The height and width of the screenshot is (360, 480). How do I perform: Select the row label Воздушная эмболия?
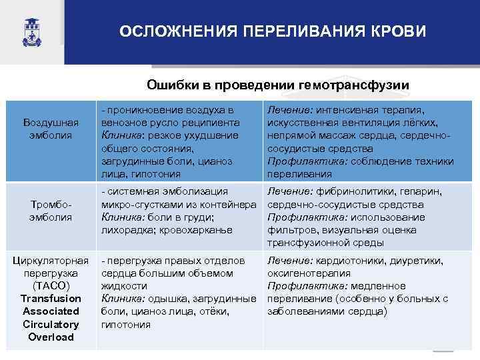pos(51,129)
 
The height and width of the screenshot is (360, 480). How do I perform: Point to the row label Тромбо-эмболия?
pos(51,211)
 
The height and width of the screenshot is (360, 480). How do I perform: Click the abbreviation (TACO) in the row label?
pos(51,285)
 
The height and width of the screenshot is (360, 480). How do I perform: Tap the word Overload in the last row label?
pos(51,337)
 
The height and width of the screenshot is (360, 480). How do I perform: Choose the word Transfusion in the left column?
pos(51,298)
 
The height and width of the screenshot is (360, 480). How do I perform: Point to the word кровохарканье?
pos(200,229)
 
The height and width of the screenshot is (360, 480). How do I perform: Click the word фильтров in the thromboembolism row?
pos(290,229)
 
